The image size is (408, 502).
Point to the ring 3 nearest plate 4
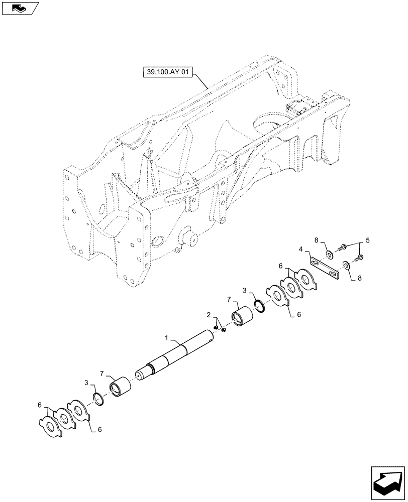click(261, 306)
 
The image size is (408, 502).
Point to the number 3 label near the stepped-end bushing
click(88, 383)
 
